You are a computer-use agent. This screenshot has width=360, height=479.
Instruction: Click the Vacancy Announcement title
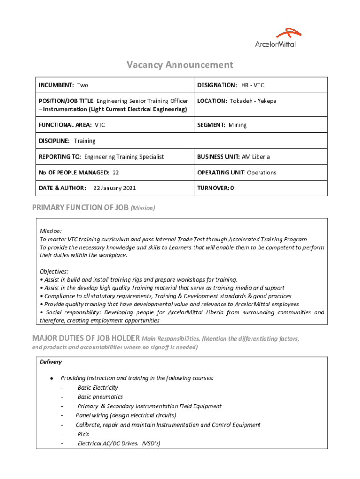[x=180, y=65]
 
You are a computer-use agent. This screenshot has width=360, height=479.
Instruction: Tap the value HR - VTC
[x=252, y=85]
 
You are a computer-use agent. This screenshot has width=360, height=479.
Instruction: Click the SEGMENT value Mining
[x=238, y=125]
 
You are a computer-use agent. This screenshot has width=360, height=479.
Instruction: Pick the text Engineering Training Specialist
[x=124, y=157]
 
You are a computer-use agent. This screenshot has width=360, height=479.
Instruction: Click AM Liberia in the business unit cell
[x=255, y=157]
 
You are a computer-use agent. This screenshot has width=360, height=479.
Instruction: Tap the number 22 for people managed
[x=115, y=173]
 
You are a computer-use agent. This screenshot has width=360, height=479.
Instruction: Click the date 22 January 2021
[x=115, y=188]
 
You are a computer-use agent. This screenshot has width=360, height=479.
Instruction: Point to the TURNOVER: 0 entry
[x=216, y=188]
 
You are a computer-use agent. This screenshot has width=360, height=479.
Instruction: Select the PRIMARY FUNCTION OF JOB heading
[x=80, y=208]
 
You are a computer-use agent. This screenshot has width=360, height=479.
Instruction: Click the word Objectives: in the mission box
[x=54, y=271]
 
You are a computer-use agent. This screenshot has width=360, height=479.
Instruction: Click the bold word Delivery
[x=50, y=362]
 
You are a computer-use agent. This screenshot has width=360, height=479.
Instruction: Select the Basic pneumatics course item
[x=100, y=397]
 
